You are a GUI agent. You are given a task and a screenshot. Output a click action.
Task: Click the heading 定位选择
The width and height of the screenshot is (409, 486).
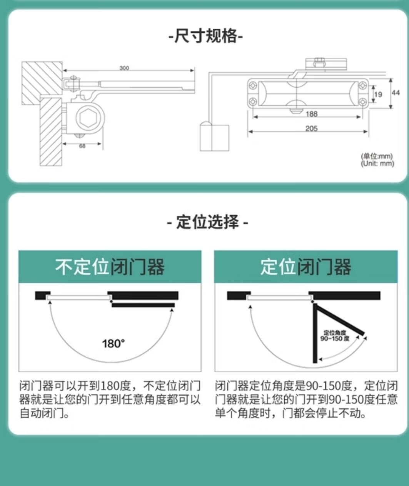(207, 222)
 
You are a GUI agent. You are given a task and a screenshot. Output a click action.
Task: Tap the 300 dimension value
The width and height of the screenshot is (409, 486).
(124, 68)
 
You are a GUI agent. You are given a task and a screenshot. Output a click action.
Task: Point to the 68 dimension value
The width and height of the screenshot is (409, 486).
(82, 146)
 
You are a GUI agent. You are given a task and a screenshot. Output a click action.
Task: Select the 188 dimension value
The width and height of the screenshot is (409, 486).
(311, 114)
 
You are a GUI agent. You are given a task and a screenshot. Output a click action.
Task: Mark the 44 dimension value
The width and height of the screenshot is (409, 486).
(396, 93)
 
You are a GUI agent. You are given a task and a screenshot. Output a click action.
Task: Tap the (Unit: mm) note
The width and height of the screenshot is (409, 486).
(377, 164)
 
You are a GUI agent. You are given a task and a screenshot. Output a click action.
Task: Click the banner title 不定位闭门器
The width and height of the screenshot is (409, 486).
(110, 267)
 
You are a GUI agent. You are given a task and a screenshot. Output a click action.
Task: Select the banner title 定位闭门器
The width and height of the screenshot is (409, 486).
(305, 267)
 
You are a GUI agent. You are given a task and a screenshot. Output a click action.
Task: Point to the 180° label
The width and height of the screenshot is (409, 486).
(114, 343)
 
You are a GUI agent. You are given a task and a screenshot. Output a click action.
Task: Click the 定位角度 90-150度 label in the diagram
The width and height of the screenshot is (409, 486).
(335, 336)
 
